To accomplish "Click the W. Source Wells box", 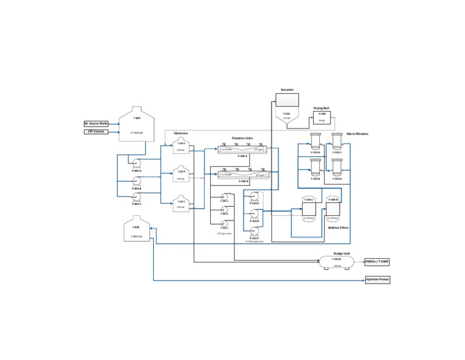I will click(x=96, y=123).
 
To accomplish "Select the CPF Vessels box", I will click(x=96, y=132).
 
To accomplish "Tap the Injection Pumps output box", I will click(x=377, y=280).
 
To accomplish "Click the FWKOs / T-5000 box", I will click(x=377, y=262).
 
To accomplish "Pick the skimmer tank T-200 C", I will click(x=180, y=204).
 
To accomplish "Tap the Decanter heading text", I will click(x=287, y=90).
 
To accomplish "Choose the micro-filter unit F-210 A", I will click(x=315, y=142).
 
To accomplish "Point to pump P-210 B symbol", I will click(x=254, y=213).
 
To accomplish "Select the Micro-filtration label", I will click(x=357, y=134).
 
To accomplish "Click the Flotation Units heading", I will click(x=242, y=138).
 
